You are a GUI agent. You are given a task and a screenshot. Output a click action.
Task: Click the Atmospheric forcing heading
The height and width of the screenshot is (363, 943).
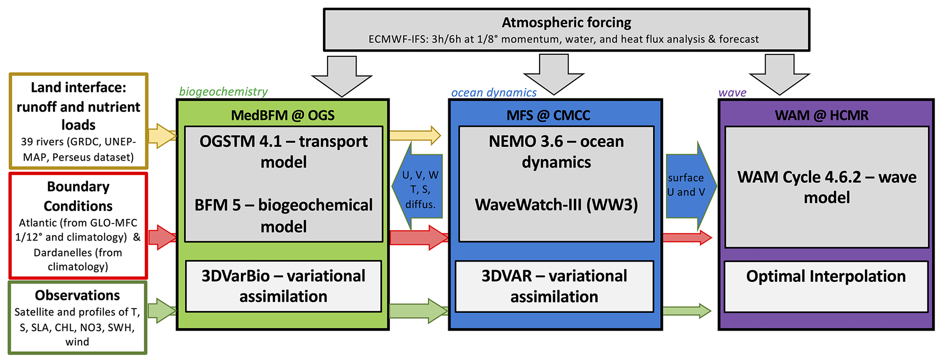566,22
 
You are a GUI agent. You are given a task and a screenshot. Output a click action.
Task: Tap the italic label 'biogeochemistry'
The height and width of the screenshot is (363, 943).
223,92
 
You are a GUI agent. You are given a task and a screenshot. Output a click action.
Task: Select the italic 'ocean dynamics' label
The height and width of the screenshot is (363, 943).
494,93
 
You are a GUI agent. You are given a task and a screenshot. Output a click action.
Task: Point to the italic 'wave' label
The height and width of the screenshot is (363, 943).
732,93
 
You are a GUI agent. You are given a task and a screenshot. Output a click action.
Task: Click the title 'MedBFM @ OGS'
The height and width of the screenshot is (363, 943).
283,115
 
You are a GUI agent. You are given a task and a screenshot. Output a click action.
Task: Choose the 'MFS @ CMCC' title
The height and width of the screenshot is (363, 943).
548,115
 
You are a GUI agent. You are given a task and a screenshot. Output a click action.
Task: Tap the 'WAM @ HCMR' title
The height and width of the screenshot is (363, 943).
822,115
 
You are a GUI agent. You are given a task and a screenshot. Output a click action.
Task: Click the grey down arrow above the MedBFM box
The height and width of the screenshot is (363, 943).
342,75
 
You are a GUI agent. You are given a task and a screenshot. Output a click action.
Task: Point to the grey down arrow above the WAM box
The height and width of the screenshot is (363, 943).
779,74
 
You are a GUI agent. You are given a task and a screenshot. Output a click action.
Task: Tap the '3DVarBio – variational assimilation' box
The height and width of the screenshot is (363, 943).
283,286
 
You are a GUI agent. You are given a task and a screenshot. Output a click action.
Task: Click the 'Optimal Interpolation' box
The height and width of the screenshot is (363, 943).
826,286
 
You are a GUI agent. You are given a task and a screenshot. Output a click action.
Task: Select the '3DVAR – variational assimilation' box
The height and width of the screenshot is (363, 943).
554,286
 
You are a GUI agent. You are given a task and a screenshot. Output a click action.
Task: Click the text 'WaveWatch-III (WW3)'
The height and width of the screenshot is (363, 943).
556,205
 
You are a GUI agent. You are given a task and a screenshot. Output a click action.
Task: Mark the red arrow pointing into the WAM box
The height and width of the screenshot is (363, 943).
686,237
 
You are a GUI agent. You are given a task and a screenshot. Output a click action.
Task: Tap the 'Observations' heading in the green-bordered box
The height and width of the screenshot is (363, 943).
77,296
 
